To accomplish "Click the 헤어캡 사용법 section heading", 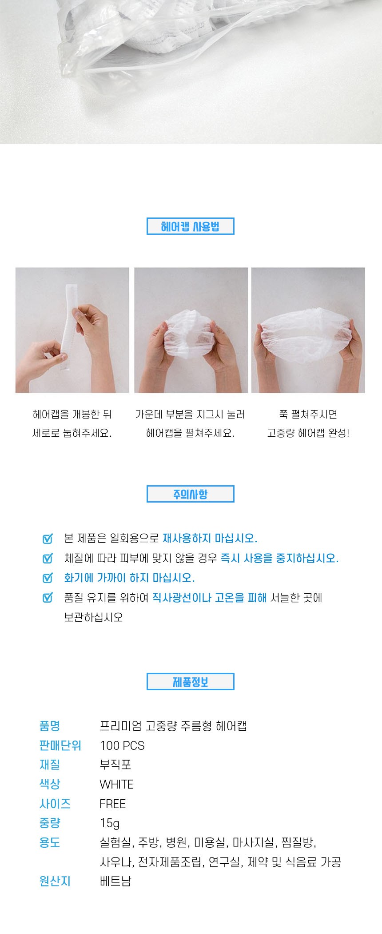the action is tap(190, 226).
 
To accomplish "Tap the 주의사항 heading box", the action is tap(190, 494).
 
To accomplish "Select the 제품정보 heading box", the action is tap(190, 682).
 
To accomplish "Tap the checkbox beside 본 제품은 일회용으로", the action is tap(48, 538).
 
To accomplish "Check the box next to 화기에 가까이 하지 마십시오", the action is tap(48, 578).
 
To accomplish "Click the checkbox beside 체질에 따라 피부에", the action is tap(48, 558).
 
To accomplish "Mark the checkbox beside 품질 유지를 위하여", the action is tap(48, 597).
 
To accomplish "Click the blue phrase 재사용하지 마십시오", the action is tap(210, 538).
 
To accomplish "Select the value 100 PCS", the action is tap(122, 746).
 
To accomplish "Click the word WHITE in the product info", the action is tap(116, 785).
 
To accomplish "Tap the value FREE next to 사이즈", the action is tap(113, 804).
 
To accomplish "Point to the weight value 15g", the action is tap(110, 824).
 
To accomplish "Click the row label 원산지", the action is tap(55, 882).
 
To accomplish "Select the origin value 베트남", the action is tap(115, 882).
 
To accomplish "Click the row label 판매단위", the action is tap(60, 746).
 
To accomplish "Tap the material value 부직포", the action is tap(115, 765).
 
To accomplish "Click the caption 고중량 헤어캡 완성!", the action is tap(308, 433).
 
